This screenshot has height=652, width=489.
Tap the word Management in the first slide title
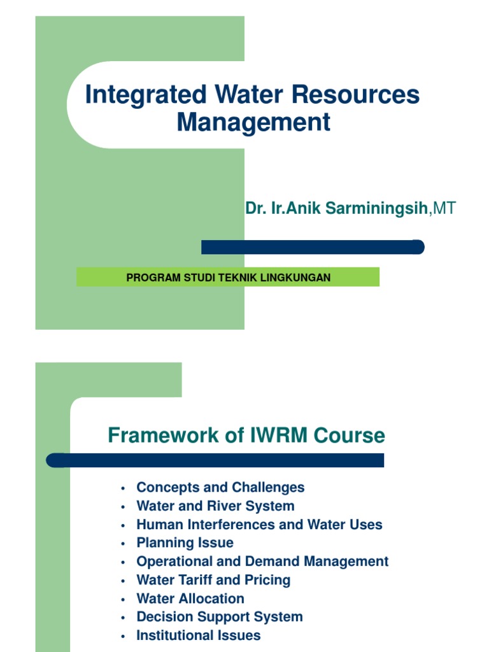[253, 122]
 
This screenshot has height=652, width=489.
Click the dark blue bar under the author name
[312, 247]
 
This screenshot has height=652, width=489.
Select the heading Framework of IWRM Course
[246, 436]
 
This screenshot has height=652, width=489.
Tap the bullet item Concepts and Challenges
[220, 488]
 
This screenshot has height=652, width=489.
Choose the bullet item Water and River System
[215, 506]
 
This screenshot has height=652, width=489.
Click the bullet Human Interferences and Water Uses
[259, 525]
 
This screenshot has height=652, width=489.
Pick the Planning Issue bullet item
[185, 543]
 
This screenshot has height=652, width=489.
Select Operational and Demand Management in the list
[262, 562]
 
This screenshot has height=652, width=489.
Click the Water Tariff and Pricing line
[213, 580]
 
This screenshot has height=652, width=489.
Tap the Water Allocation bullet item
[190, 599]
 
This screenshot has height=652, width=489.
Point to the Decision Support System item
[219, 617]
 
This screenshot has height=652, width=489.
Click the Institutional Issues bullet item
[198, 635]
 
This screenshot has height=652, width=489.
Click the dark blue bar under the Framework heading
[216, 460]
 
